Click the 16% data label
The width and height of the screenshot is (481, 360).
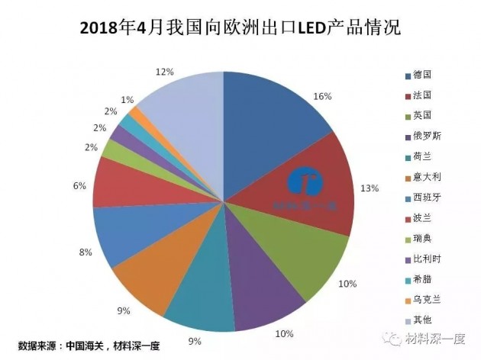click(321, 97)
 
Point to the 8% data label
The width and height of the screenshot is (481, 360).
click(85, 252)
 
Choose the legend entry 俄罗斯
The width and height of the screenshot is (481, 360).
click(428, 136)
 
